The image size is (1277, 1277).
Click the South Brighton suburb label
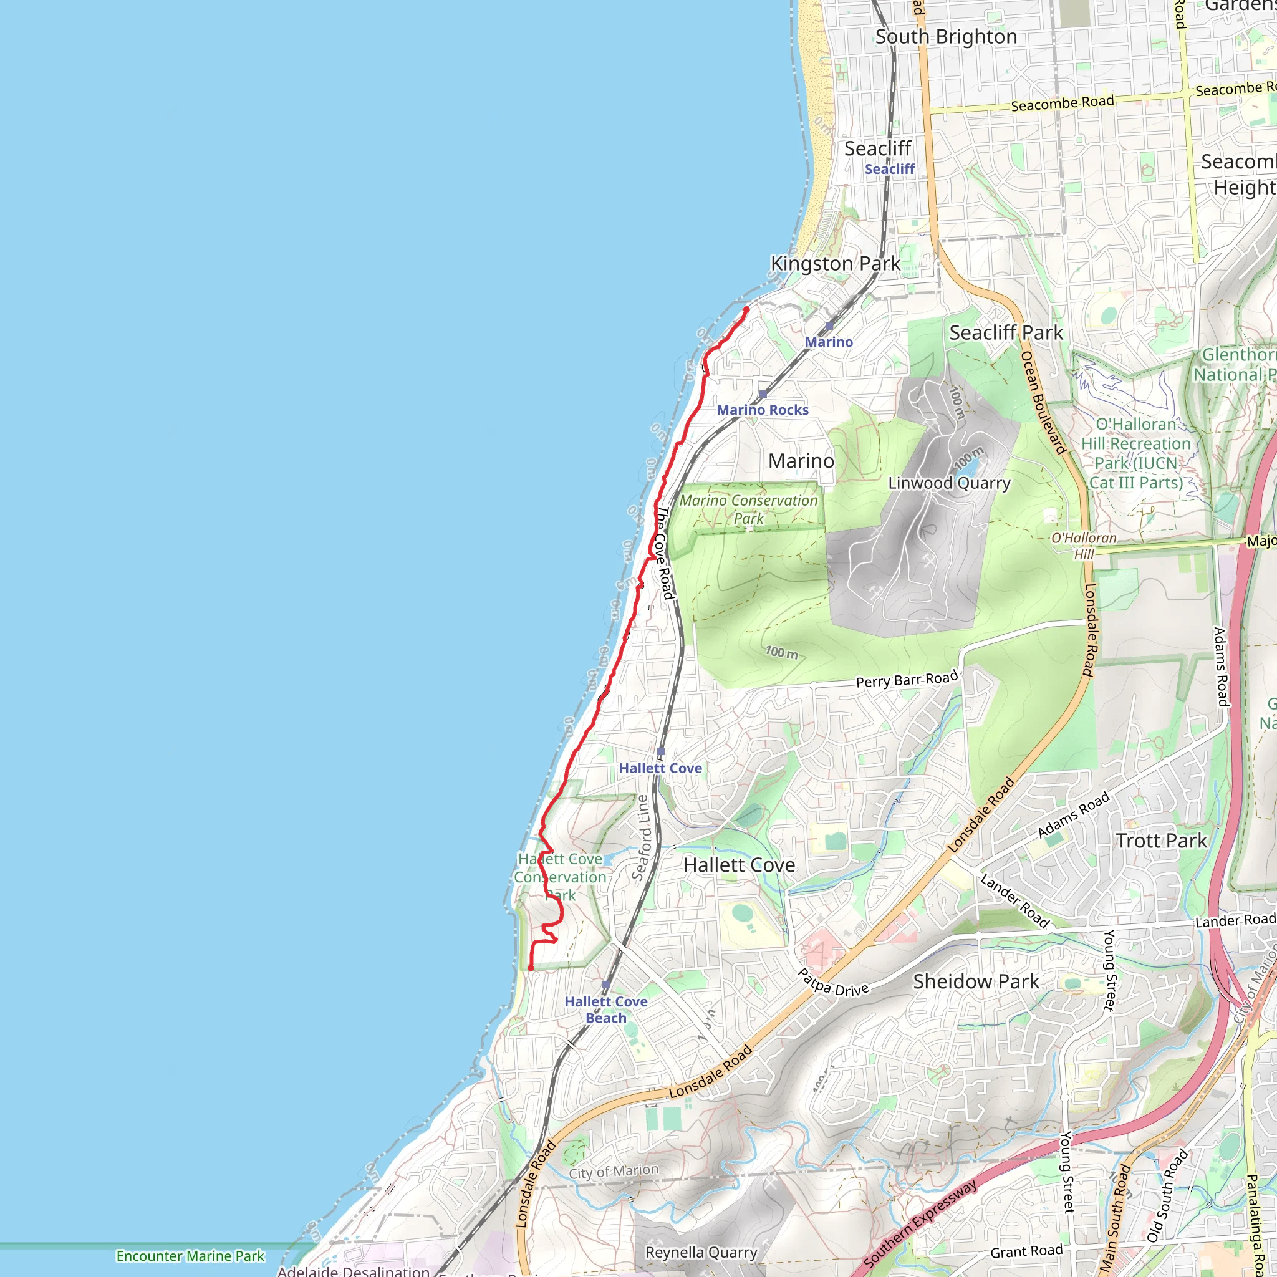[946, 37]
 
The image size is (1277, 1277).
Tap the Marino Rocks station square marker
[763, 395]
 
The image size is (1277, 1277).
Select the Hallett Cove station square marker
[660, 752]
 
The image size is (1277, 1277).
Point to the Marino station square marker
[829, 327]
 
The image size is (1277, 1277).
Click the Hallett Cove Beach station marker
[606, 985]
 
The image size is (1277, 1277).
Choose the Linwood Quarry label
[949, 483]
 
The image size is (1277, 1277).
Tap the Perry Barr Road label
[907, 680]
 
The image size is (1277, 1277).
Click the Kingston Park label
[835, 264]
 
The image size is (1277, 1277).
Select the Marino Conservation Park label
[748, 509]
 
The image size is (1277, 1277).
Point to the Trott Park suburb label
[1161, 841]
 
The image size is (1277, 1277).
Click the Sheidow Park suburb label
[976, 981]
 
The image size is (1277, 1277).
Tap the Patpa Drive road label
[833, 983]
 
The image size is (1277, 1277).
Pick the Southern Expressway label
[920, 1223]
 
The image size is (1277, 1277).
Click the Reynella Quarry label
[701, 1253]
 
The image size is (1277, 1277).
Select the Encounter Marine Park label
[190, 1256]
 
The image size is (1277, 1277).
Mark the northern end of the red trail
[746, 309]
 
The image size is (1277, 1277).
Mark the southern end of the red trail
[531, 968]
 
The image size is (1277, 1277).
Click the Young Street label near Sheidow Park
[1109, 970]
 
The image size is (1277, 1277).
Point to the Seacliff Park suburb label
[1006, 333]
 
